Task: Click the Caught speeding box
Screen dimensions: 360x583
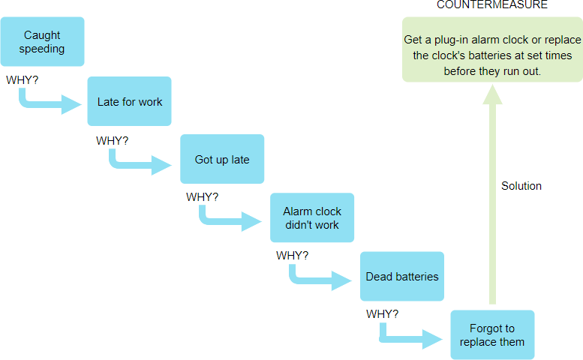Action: (42, 42)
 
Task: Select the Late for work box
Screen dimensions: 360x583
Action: (130, 101)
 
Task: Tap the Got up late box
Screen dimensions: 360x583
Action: (222, 159)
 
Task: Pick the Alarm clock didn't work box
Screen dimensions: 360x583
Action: (312, 217)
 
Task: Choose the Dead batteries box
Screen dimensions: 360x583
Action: (402, 276)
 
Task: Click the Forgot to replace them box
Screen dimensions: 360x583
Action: (492, 334)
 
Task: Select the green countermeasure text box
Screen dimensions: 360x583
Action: (492, 49)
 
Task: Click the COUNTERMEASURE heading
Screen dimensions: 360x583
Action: (492, 5)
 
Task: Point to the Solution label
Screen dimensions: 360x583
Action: (521, 186)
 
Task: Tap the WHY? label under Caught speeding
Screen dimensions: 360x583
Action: (23, 79)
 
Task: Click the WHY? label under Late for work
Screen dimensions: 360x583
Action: (113, 140)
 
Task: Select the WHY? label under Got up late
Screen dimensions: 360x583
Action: (203, 197)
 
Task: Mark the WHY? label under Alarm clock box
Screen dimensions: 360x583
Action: (293, 255)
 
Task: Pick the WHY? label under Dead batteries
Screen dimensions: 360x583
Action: (383, 313)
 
